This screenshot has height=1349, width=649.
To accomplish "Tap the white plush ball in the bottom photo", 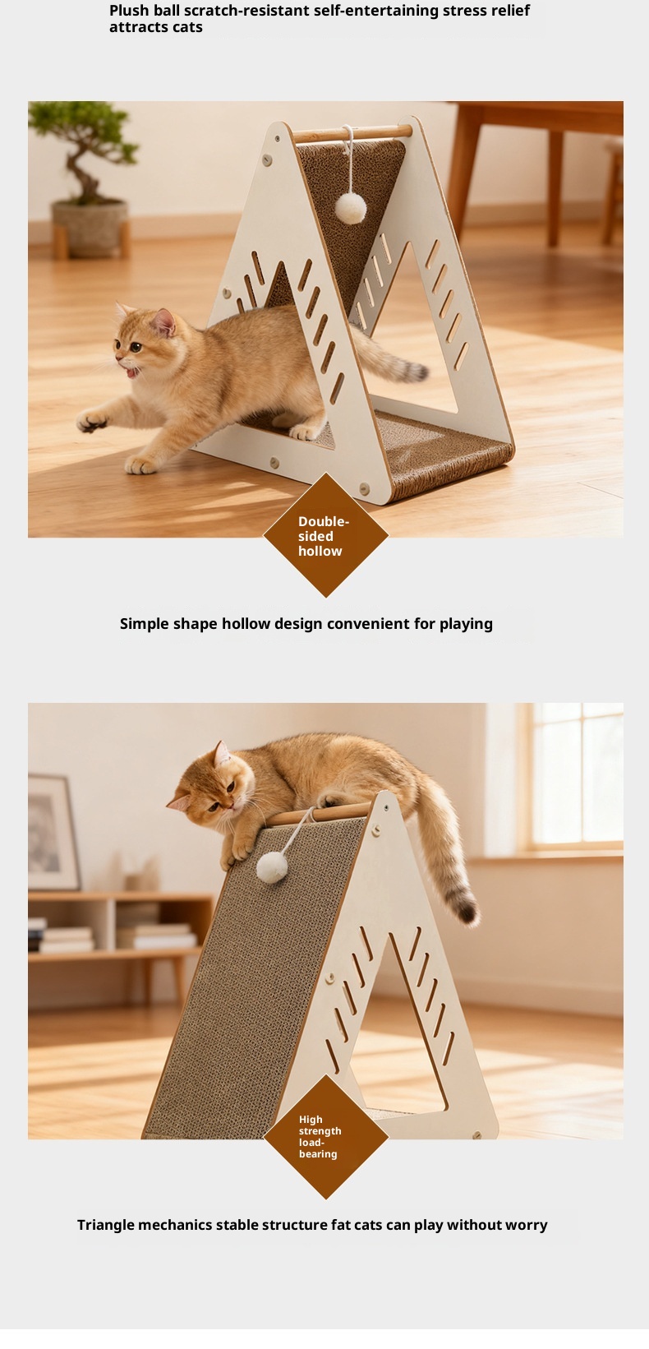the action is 272,867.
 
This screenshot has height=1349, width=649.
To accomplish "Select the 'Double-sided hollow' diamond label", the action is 325,535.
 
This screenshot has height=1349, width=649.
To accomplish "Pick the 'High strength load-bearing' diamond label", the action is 325,1136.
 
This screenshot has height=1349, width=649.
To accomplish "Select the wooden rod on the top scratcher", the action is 352,133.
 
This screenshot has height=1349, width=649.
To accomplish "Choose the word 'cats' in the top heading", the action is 187,27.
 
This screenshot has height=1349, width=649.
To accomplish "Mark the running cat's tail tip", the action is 417,372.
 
